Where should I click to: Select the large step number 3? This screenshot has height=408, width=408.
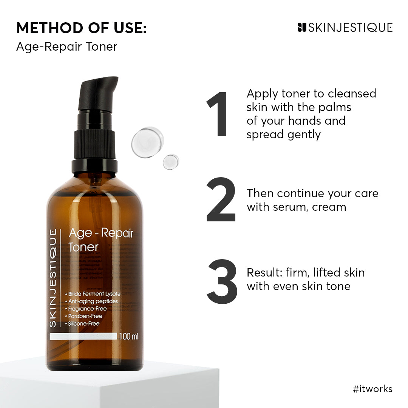pyautogui.click(x=222, y=281)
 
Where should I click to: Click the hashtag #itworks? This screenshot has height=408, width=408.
pyautogui.click(x=372, y=389)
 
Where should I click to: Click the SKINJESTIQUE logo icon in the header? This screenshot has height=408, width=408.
pyautogui.click(x=301, y=27)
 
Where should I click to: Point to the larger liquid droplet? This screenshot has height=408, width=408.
pyautogui.click(x=147, y=142)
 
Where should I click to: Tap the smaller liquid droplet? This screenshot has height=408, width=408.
pyautogui.click(x=171, y=162)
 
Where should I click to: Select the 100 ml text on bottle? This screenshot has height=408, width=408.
pyautogui.click(x=129, y=336)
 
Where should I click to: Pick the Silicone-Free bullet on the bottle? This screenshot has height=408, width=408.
pyautogui.click(x=84, y=324)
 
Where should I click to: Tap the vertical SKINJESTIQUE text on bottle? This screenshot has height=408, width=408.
pyautogui.click(x=53, y=278)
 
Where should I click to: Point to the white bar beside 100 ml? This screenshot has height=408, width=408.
pyautogui.click(x=83, y=336)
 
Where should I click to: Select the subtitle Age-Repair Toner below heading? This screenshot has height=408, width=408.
pyautogui.click(x=66, y=46)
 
